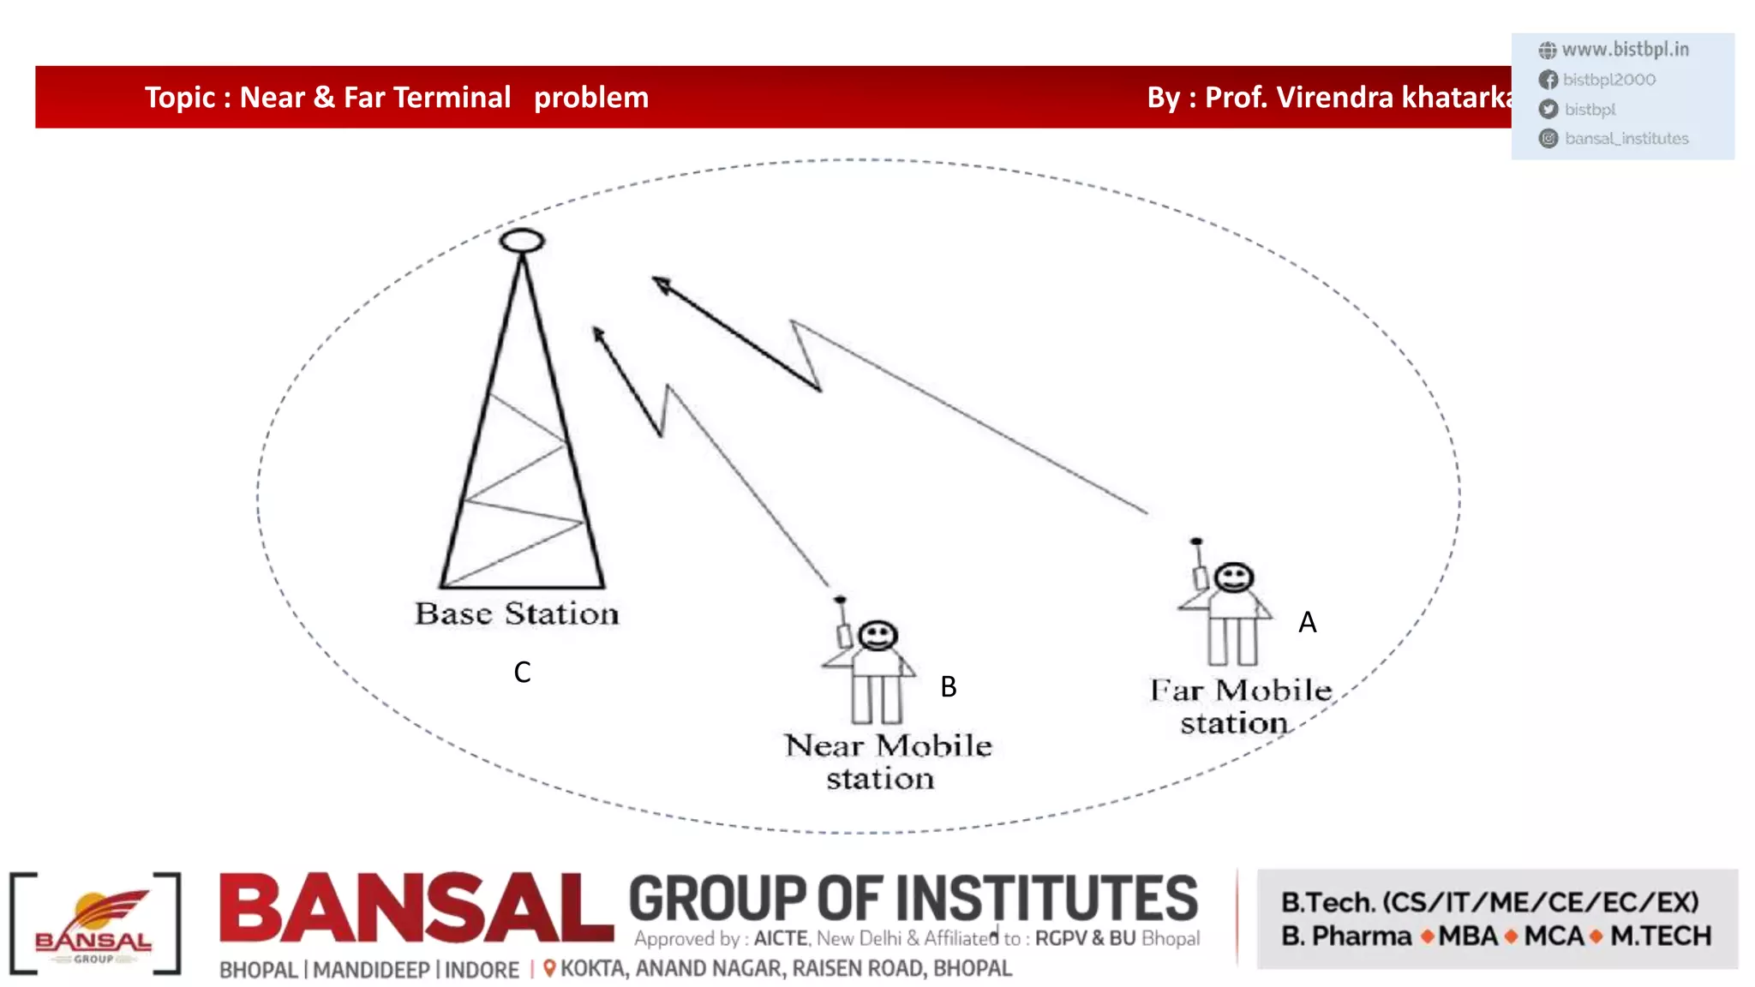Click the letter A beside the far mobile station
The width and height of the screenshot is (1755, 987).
[x=1307, y=622]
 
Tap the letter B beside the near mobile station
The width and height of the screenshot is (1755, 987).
[x=948, y=686]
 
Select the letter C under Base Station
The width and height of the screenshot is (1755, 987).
[x=522, y=672]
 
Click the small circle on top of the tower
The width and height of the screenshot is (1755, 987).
[x=522, y=241]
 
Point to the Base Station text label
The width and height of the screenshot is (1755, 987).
[x=517, y=613]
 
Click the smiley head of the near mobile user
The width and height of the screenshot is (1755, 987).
[x=877, y=636]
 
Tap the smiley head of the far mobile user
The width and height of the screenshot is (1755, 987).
[x=1234, y=577]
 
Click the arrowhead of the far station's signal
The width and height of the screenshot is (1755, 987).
[x=661, y=284]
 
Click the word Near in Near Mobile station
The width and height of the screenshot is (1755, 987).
[x=824, y=745]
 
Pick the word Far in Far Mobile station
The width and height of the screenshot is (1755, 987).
[x=1177, y=691]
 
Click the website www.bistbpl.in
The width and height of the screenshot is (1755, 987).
[x=1625, y=50]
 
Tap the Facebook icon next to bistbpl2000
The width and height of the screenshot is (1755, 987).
[x=1548, y=80]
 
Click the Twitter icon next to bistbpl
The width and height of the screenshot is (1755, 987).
[x=1548, y=110]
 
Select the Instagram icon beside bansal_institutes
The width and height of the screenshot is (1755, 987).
[x=1548, y=139]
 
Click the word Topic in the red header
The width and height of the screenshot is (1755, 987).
[x=179, y=98]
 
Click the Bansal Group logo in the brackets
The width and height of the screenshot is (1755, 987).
[x=94, y=924]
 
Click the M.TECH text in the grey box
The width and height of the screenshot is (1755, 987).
[x=1661, y=936]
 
